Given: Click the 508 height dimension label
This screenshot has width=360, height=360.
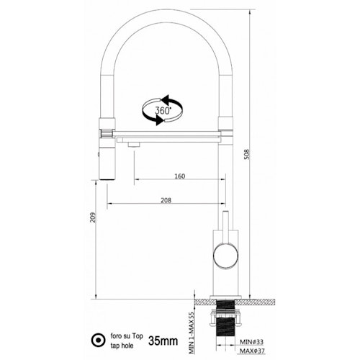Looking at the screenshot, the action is [247, 154].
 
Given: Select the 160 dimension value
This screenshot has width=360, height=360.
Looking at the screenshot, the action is [180, 176].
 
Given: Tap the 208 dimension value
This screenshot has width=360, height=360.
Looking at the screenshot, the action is [166, 200].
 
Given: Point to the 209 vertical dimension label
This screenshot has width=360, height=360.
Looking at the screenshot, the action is [93, 217].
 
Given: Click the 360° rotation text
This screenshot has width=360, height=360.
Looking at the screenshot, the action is [163, 110].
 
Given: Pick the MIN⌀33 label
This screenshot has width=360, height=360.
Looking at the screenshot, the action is [252, 341].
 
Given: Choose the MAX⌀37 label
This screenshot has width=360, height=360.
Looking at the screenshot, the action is [252, 351].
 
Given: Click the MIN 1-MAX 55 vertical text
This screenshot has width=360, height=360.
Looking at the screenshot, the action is [191, 333].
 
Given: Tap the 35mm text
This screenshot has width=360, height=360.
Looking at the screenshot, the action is [163, 341].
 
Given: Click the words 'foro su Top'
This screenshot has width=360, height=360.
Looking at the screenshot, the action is [127, 336].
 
